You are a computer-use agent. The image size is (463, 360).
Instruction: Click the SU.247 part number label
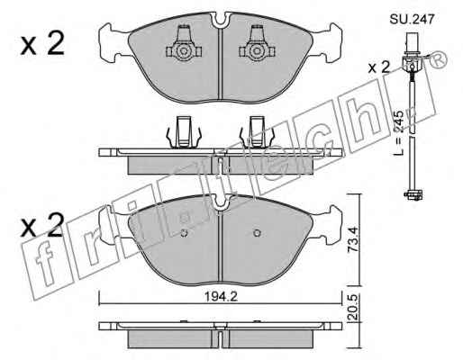coord(412,20)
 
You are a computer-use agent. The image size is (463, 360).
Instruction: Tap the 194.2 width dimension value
coord(221,297)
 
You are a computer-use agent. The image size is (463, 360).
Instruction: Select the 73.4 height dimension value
coord(353,239)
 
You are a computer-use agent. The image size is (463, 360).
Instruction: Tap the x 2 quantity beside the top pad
coord(42,44)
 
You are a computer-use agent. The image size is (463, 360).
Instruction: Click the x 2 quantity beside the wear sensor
coord(379,67)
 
